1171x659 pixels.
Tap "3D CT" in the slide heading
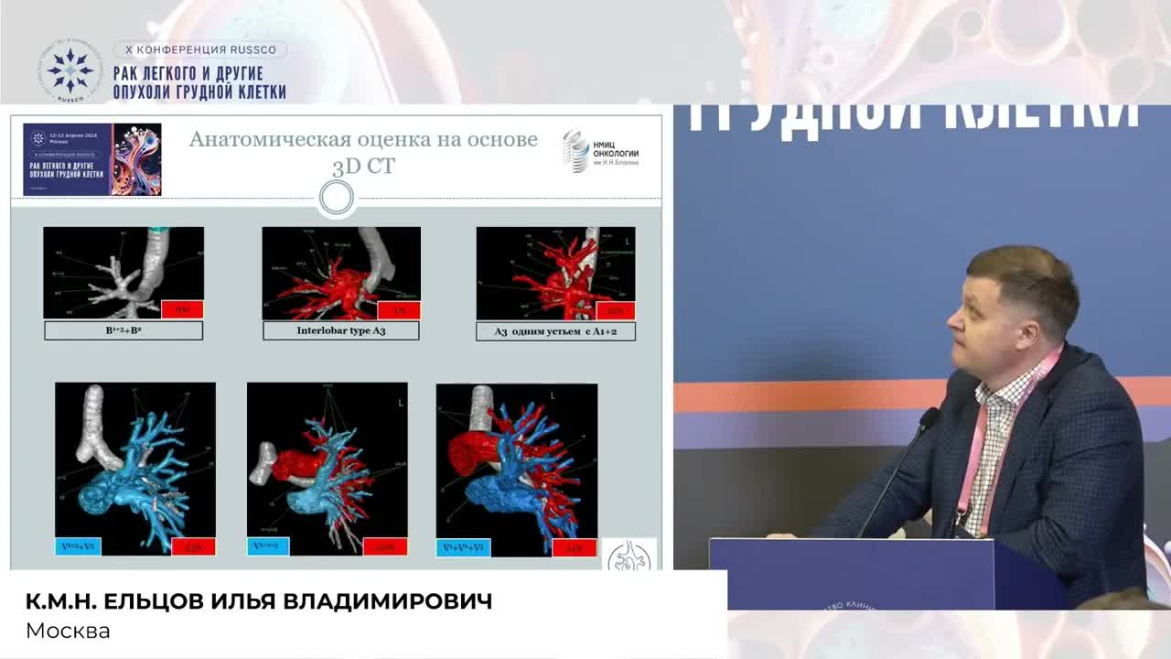pyautogui.click(x=364, y=167)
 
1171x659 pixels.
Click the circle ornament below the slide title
pyautogui.click(x=337, y=197)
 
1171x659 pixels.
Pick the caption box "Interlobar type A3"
pyautogui.click(x=340, y=330)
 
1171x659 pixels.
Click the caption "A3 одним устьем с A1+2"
pyautogui.click(x=555, y=331)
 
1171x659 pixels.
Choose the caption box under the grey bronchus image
pyautogui.click(x=124, y=330)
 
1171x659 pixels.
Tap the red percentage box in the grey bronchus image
pyautogui.click(x=183, y=309)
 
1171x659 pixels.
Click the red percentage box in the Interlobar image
pyautogui.click(x=399, y=309)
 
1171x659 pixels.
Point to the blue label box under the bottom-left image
pyautogui.click(x=78, y=546)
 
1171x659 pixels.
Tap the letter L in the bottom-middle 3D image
pyautogui.click(x=401, y=403)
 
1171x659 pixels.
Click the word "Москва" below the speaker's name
pyautogui.click(x=68, y=631)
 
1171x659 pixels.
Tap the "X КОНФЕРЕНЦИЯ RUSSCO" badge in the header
pyautogui.click(x=199, y=49)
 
